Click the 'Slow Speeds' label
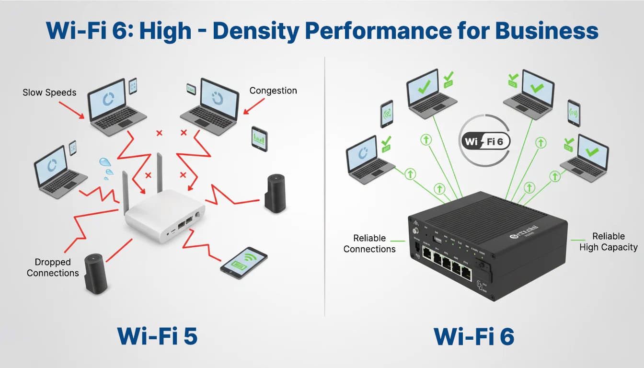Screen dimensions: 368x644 click(x=49, y=92)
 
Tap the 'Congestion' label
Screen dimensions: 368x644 click(x=273, y=91)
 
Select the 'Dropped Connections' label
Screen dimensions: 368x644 click(x=53, y=267)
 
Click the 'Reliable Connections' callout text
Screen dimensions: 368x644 click(x=369, y=243)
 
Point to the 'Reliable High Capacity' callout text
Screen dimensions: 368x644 click(x=608, y=242)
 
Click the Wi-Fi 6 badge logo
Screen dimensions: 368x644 click(x=484, y=142)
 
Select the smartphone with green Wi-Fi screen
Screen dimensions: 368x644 click(x=243, y=263)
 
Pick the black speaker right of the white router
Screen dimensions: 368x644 click(x=275, y=194)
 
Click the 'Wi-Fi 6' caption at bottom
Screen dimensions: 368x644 click(x=474, y=336)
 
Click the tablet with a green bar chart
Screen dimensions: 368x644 click(x=259, y=138)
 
